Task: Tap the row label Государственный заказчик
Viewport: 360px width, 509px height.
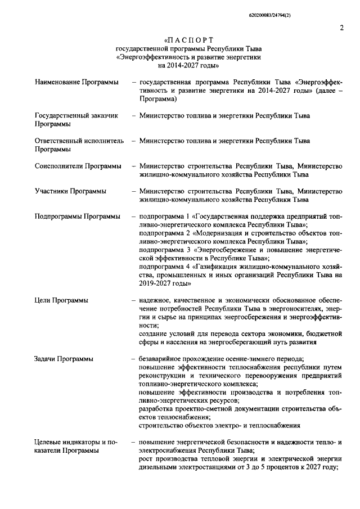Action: click(76, 115)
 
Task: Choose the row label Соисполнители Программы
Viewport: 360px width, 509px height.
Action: click(78, 166)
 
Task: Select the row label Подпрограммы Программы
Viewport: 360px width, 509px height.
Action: click(77, 217)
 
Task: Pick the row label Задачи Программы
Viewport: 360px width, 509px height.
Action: click(64, 359)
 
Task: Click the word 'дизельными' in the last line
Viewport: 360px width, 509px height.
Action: click(157, 467)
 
